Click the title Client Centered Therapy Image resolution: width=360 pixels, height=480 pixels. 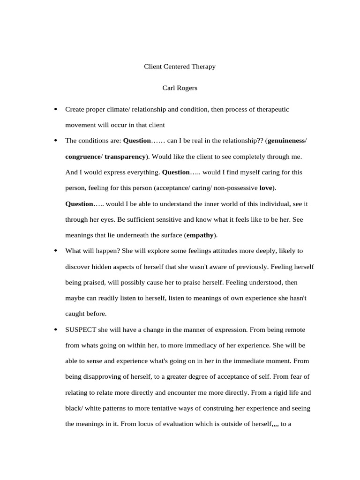click(x=180, y=67)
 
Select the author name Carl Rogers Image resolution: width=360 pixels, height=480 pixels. click(x=180, y=88)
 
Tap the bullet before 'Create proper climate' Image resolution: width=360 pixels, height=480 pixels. click(x=56, y=109)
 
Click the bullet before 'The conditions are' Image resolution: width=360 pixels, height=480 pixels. click(x=56, y=141)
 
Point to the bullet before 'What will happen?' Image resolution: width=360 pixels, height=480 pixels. click(x=56, y=251)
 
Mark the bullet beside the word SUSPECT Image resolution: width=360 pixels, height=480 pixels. click(x=56, y=330)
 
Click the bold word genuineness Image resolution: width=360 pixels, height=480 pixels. click(x=286, y=141)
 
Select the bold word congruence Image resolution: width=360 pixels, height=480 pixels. click(x=83, y=157)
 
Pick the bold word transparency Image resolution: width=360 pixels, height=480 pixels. click(x=125, y=157)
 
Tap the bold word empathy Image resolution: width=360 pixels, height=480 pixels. click(x=200, y=235)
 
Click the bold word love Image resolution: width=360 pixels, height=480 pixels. click(x=266, y=188)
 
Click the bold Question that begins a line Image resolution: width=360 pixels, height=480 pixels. click(x=79, y=204)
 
